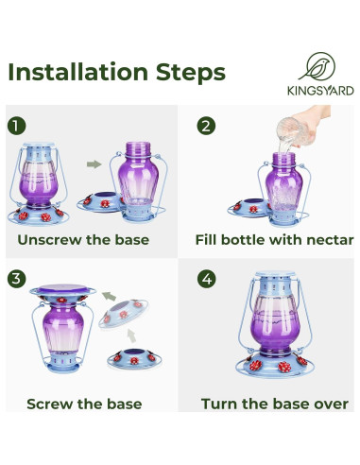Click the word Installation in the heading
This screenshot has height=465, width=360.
pyautogui.click(x=78, y=72)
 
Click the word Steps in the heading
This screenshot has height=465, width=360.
pyautogui.click(x=191, y=74)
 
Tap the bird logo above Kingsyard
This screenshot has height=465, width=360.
pyautogui.click(x=317, y=66)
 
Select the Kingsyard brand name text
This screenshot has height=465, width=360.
pyautogui.click(x=320, y=91)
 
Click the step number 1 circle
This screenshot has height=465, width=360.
pyautogui.click(x=17, y=126)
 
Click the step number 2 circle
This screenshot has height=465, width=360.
pyautogui.click(x=206, y=126)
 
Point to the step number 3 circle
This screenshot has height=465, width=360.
pyautogui.click(x=17, y=279)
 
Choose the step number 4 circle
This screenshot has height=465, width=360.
pyautogui.click(x=207, y=279)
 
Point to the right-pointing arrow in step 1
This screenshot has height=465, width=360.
pyautogui.click(x=94, y=164)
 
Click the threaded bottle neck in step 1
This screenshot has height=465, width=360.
pyautogui.click(x=138, y=148)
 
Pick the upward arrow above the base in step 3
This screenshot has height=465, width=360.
pyautogui.click(x=132, y=336)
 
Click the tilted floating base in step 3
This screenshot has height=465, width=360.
pyautogui.click(x=124, y=313)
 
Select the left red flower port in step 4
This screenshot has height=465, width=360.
pyautogui.click(x=255, y=366)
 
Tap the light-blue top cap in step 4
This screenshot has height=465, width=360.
pyautogui.click(x=275, y=274)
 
